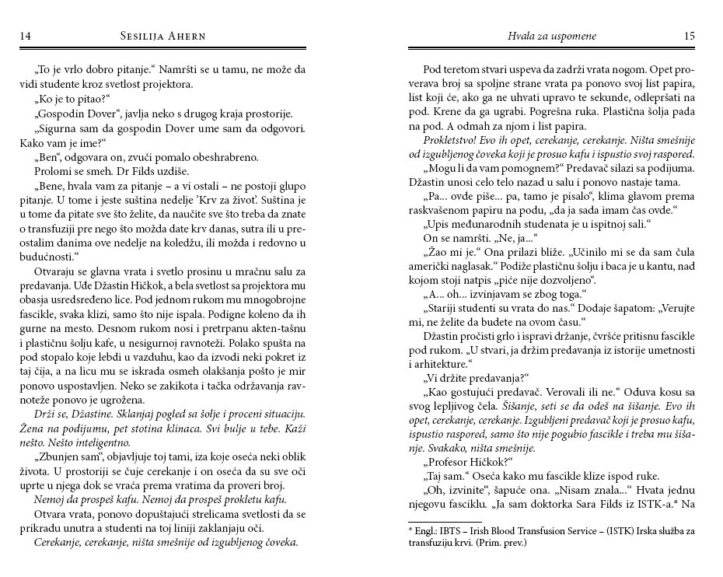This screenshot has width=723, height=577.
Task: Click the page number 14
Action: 25,36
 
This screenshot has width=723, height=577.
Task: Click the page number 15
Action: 689,36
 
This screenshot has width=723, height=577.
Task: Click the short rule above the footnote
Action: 445,521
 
